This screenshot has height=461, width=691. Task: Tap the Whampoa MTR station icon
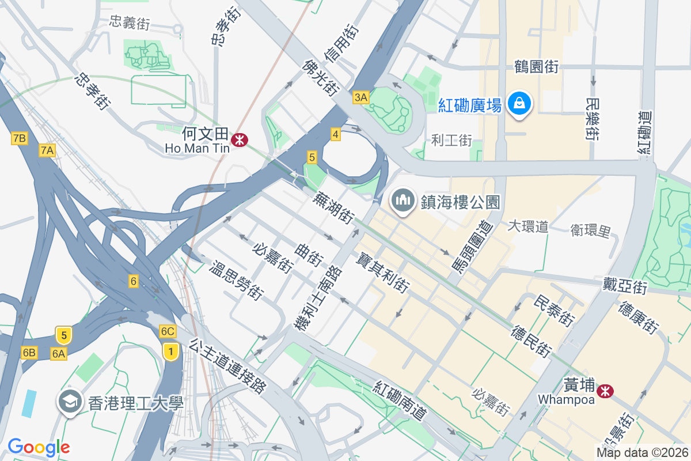pos(605,391)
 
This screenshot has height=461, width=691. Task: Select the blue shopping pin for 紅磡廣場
pos(519,104)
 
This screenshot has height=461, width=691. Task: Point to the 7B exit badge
pos(19,138)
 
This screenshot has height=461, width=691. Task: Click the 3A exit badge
pos(360,97)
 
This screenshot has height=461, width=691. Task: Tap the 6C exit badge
pos(168,331)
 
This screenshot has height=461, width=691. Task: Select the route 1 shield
pos(170,350)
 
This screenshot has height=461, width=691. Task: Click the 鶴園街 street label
pos(537,67)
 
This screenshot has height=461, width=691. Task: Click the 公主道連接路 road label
pos(229,366)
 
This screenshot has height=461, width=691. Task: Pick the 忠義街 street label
pos(130,23)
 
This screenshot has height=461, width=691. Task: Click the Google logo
pos(39,447)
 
